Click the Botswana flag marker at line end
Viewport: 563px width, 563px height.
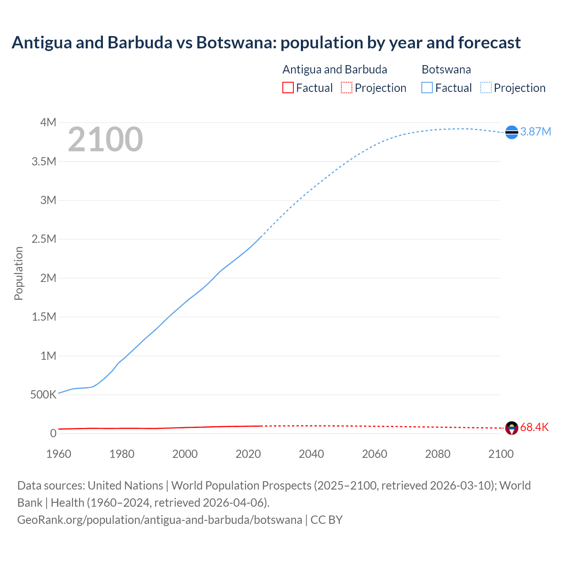[512, 132]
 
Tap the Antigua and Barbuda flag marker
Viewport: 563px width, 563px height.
[512, 428]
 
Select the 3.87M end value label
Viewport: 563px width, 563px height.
[536, 132]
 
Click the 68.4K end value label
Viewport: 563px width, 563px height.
[534, 427]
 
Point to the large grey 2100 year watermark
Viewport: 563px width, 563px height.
[105, 139]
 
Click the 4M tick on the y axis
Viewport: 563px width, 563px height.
[48, 122]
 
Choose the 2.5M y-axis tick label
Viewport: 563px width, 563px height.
[44, 239]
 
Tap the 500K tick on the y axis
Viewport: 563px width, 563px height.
[43, 395]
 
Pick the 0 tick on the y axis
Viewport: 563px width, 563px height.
[53, 433]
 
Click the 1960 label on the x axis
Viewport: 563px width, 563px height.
[58, 454]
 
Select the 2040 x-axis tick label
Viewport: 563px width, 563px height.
[311, 454]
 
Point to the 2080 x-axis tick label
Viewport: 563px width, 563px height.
[438, 454]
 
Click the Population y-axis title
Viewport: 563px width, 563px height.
[18, 273]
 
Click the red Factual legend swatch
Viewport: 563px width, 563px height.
[288, 88]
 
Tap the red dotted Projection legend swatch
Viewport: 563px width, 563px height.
[347, 88]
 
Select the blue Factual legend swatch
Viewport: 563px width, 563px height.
[427, 88]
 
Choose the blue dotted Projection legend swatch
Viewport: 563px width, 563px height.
[486, 88]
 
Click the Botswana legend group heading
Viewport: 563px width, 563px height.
[446, 69]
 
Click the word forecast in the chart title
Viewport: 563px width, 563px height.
[489, 43]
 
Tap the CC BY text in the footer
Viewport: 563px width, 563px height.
[326, 520]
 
